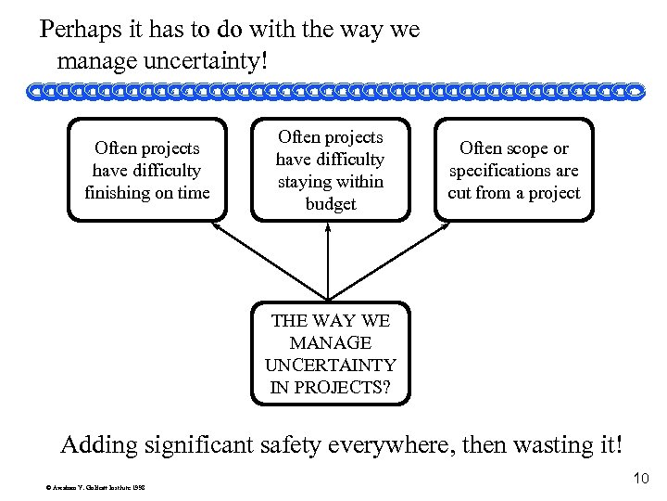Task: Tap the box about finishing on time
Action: click(x=147, y=169)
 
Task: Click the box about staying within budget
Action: click(x=330, y=169)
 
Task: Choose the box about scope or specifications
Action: click(x=513, y=170)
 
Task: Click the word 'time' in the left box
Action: click(x=192, y=192)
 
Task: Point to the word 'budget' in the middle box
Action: click(x=330, y=204)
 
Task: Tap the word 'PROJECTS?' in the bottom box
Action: click(x=331, y=387)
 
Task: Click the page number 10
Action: click(x=640, y=479)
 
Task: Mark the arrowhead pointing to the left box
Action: click(x=216, y=225)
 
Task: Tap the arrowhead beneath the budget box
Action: click(x=329, y=226)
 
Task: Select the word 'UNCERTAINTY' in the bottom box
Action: click(x=331, y=366)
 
